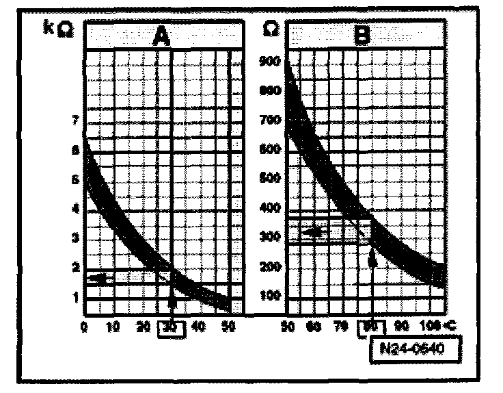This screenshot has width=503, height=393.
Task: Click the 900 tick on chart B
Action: (271, 62)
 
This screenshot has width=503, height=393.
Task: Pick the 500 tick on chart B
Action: (271, 179)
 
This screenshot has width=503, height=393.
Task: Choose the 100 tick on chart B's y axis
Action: (271, 295)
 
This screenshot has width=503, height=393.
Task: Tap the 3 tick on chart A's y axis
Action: (75, 238)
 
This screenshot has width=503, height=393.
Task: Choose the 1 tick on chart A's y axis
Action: (75, 296)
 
